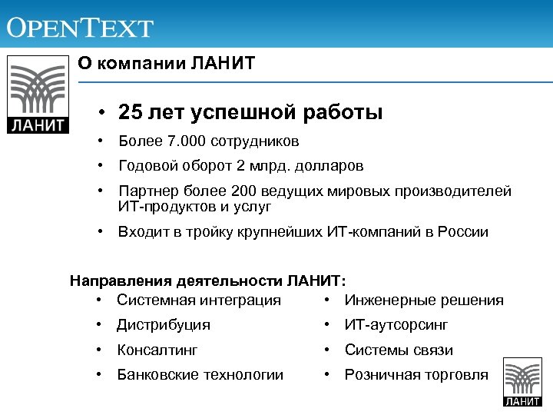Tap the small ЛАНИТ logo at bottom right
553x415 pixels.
pyautogui.click(x=522, y=382)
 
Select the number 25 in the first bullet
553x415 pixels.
pyautogui.click(x=131, y=113)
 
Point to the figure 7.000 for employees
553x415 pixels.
pyautogui.click(x=177, y=141)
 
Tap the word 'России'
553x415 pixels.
pyautogui.click(x=462, y=232)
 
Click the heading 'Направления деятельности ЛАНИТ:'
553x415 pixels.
pyautogui.click(x=208, y=281)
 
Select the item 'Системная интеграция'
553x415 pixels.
pyautogui.click(x=199, y=300)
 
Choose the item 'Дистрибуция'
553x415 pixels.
pyautogui.click(x=164, y=325)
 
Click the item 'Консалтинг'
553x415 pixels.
pyautogui.click(x=157, y=350)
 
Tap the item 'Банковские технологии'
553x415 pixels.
pyautogui.click(x=200, y=375)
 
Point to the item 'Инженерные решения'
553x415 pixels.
pyautogui.click(x=424, y=300)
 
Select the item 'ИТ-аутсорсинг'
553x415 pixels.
pyautogui.click(x=396, y=325)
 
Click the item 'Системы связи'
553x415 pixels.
pyautogui.click(x=399, y=350)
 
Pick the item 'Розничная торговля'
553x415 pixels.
pyautogui.click(x=416, y=375)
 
